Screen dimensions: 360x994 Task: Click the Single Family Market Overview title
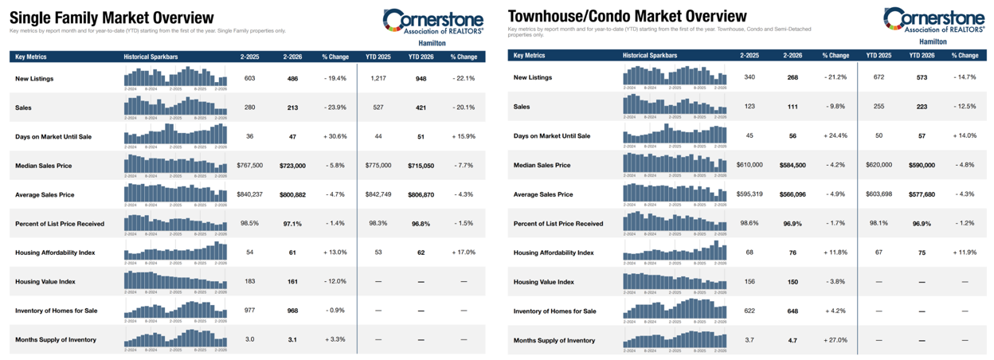pos(112,18)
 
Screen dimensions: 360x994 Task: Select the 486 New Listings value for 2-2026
pos(292,78)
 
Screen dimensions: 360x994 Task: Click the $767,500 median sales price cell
pos(250,166)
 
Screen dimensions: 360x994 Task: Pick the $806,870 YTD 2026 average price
pos(421,194)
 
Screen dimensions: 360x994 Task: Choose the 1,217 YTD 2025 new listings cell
pos(378,78)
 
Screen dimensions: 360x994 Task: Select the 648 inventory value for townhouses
pos(792,311)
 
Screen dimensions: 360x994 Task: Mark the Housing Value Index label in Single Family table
pos(49,282)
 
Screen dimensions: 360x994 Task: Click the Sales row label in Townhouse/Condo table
pos(522,107)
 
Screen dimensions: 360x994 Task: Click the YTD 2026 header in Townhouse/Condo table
pos(920,56)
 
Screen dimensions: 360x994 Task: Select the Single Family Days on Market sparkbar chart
pos(175,134)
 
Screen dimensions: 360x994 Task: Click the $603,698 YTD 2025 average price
pos(877,194)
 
